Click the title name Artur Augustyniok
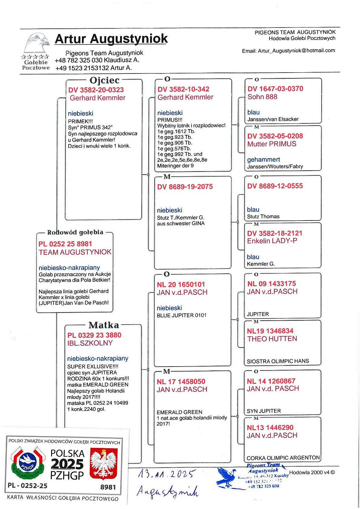point(111,39)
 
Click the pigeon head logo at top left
point(37,43)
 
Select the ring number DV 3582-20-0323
point(96,90)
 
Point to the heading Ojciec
point(104,80)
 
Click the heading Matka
point(103,325)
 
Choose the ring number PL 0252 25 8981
point(65,244)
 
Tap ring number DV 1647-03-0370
point(275,89)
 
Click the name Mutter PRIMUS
point(272,144)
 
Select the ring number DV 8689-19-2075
point(185,187)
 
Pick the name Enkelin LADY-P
point(272,241)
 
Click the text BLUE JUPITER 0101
point(182,315)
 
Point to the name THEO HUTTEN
point(272,339)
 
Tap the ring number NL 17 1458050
point(181,381)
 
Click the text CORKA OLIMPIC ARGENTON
point(283,458)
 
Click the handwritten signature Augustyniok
point(168,491)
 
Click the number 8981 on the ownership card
point(108,487)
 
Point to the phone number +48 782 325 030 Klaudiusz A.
point(97,60)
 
